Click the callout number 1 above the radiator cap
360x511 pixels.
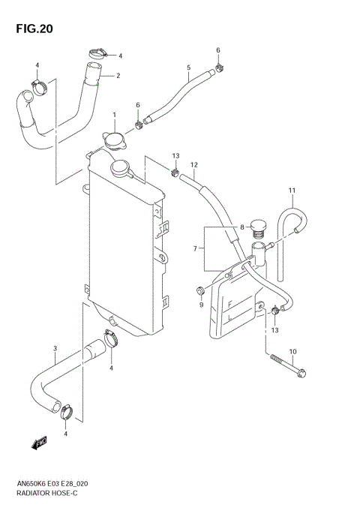114,115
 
